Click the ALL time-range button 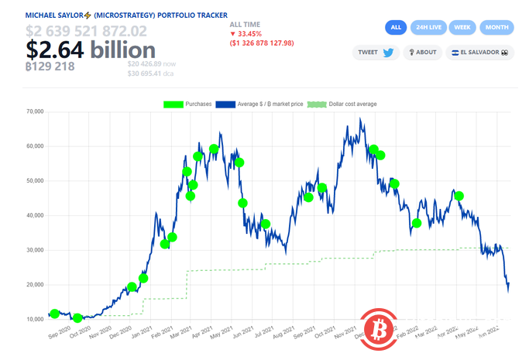[x=396, y=27]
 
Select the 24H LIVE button [x=428, y=27]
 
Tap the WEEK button [x=462, y=27]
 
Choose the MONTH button [x=496, y=27]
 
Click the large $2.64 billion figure [x=85, y=50]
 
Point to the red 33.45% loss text [x=251, y=34]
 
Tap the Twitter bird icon [x=387, y=53]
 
